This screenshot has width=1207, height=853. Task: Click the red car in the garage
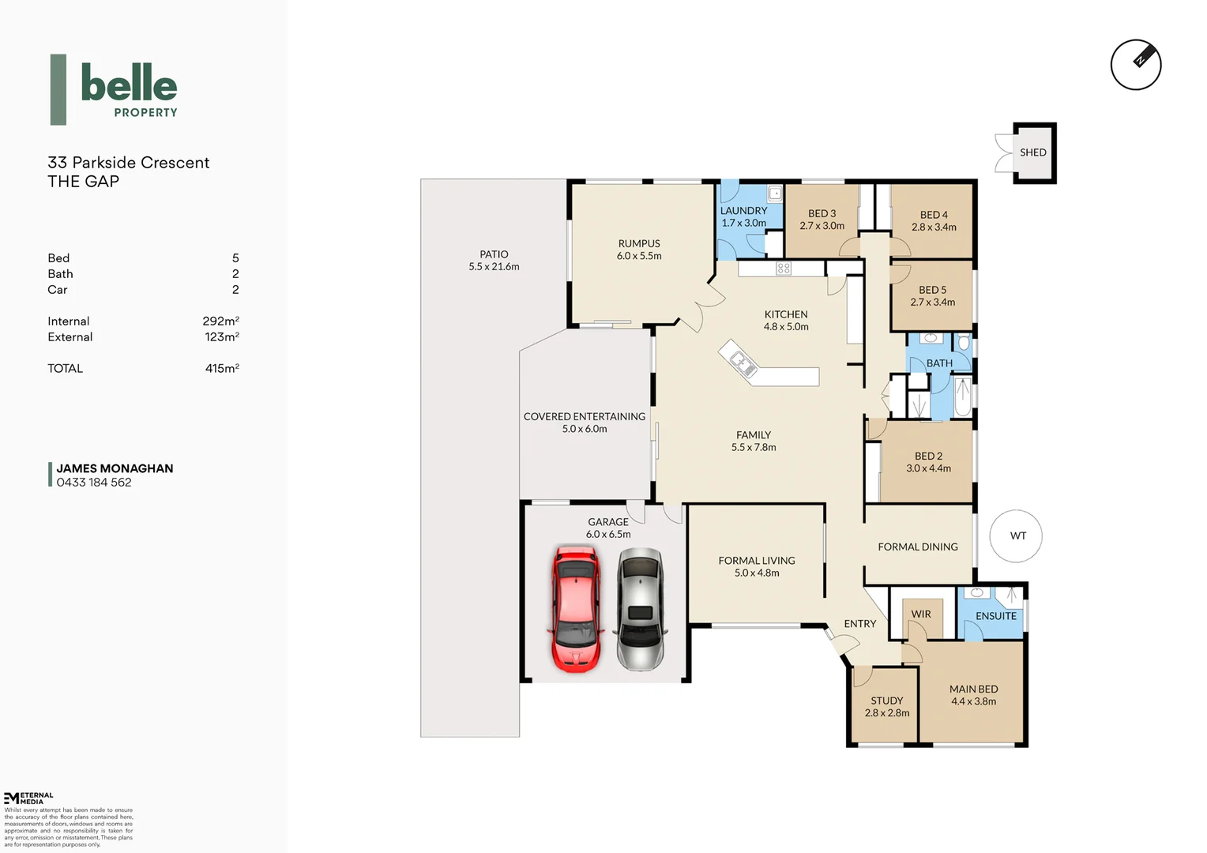coord(576,609)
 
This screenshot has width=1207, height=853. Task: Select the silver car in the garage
coord(640,609)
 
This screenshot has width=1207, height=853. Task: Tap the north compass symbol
coord(1136,65)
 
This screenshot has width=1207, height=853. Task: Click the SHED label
coord(1032,152)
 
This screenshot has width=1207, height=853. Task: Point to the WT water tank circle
coord(1017,535)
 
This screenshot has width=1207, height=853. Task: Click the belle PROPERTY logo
coord(115,90)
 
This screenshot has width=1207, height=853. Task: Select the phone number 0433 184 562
coord(94,483)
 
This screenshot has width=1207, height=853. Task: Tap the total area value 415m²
coord(222,369)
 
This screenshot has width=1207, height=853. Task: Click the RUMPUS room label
coord(639,243)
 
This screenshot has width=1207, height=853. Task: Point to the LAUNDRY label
coord(743,211)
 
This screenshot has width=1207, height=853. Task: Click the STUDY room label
coord(886,701)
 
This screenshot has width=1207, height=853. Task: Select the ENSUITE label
coord(995,616)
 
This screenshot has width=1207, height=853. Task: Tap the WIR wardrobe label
coord(921,614)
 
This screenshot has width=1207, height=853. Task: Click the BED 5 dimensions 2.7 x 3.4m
coord(932,302)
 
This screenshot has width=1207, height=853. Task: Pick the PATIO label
coord(494,254)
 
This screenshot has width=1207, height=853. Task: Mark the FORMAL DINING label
coord(917,547)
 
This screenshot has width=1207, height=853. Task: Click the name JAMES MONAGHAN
coord(115,468)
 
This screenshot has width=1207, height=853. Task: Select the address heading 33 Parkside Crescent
coord(129,163)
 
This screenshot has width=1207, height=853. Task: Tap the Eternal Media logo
coord(28,798)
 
